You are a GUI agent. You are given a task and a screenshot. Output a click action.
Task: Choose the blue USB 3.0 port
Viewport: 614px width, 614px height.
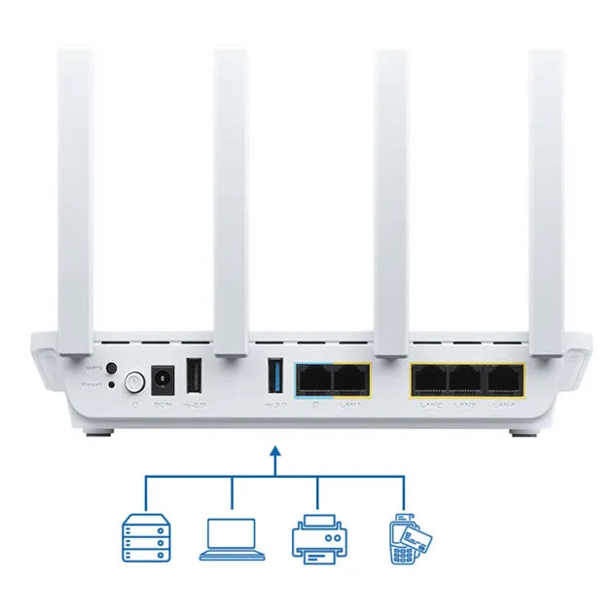274,377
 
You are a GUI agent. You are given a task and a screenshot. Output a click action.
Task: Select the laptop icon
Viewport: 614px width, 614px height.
232,539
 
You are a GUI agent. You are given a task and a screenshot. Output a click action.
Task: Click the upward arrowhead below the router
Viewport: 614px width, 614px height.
275,451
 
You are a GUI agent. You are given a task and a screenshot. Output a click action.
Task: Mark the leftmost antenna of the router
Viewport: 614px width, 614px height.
75,195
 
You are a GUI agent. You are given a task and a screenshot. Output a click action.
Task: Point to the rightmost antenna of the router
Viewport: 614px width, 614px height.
546,195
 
